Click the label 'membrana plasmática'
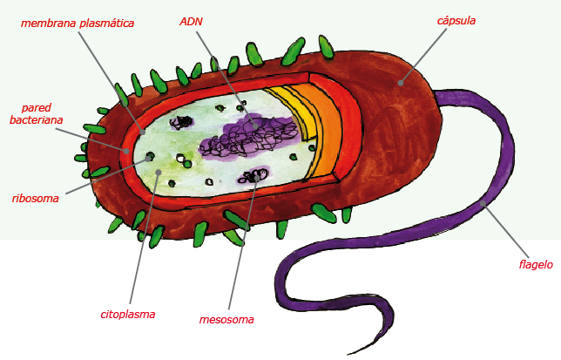78,24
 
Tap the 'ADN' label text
192,19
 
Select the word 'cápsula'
456,20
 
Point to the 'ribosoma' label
36,198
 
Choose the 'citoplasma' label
128,314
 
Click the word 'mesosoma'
226,319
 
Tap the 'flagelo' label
535,264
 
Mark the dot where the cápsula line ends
401,84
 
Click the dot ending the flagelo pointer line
481,204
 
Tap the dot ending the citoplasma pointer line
158,172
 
